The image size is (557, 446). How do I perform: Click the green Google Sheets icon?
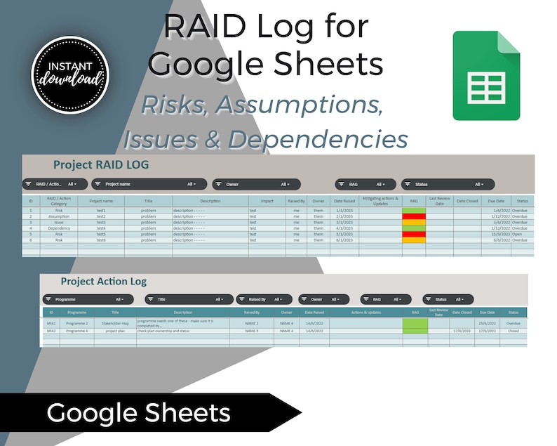pos(486,75)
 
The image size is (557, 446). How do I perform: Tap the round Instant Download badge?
pos(69,74)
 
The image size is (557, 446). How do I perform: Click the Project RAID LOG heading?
pos(101,165)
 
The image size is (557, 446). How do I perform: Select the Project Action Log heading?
pos(104,282)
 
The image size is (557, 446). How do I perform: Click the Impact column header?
pos(267,201)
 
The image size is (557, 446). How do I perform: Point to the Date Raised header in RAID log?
pos(344,201)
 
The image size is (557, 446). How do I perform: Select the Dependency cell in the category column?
pos(59,228)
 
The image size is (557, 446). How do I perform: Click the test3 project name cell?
pos(101,222)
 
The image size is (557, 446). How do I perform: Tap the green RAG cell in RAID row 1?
pos(413,210)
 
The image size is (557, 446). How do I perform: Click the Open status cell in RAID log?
pos(520,234)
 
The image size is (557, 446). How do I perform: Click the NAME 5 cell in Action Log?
pos(252,330)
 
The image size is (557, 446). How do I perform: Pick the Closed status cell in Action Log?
pos(514,330)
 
